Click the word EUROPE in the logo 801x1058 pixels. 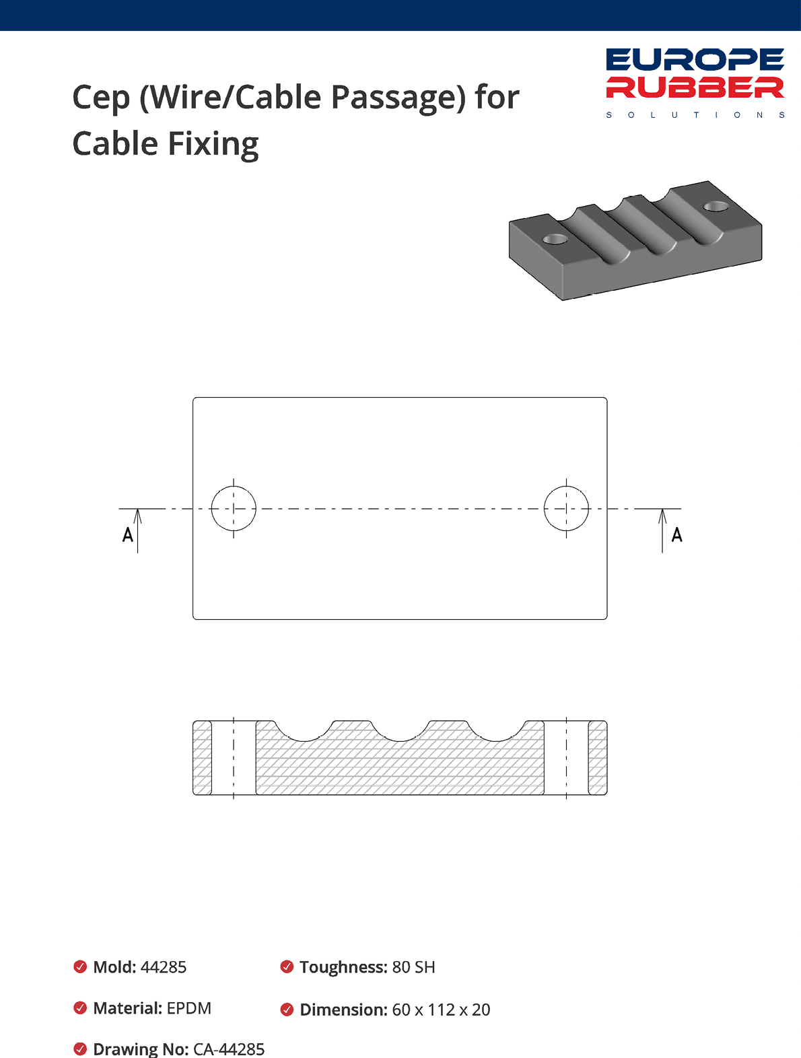pyautogui.click(x=695, y=60)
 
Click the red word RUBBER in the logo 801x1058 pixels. pyautogui.click(x=695, y=87)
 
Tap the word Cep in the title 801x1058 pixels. pyautogui.click(x=101, y=98)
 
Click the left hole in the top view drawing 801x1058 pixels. pyautogui.click(x=234, y=509)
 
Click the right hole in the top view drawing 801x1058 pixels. pyautogui.click(x=566, y=509)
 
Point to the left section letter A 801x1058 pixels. pyautogui.click(x=127, y=535)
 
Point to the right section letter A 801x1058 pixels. pyautogui.click(x=676, y=535)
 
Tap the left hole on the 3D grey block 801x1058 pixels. pyautogui.click(x=555, y=239)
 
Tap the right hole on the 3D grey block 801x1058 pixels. pyautogui.click(x=716, y=206)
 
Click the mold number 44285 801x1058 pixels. pyautogui.click(x=164, y=967)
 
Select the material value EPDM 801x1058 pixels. pyautogui.click(x=189, y=1008)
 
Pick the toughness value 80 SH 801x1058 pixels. pyautogui.click(x=413, y=967)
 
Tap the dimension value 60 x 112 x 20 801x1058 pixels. pyautogui.click(x=441, y=1010)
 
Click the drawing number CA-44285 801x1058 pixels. pyautogui.click(x=229, y=1049)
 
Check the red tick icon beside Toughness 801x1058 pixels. pyautogui.click(x=287, y=967)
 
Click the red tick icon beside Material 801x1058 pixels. pyautogui.click(x=80, y=1008)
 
